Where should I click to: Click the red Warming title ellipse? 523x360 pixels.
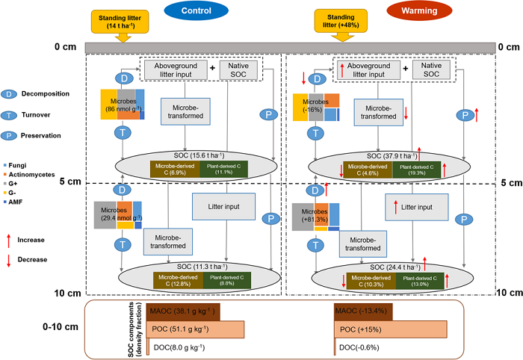[x=413, y=12]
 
